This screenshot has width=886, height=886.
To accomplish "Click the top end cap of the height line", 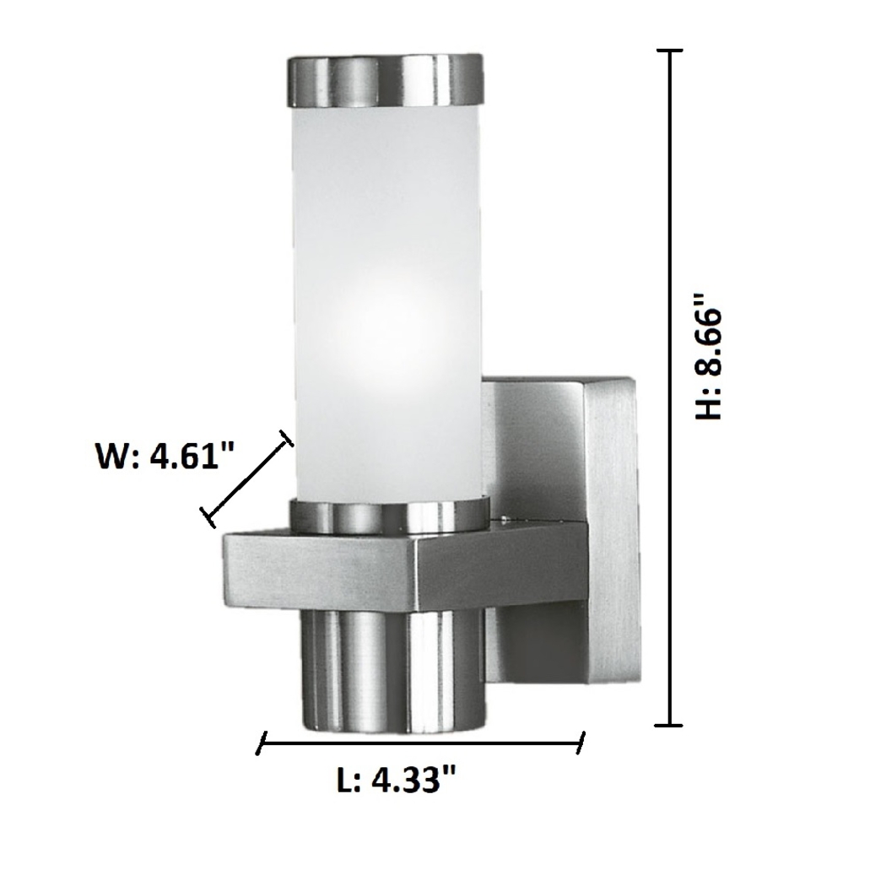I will pos(669,51).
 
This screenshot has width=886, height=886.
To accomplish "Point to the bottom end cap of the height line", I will pos(669,724).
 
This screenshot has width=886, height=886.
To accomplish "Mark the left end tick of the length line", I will pos(262,744).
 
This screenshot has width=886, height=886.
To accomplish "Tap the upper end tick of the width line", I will pos(286,436).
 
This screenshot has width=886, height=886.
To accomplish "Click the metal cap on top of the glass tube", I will pos(386,81).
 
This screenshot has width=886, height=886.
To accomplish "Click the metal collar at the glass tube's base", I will pos(388,516).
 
